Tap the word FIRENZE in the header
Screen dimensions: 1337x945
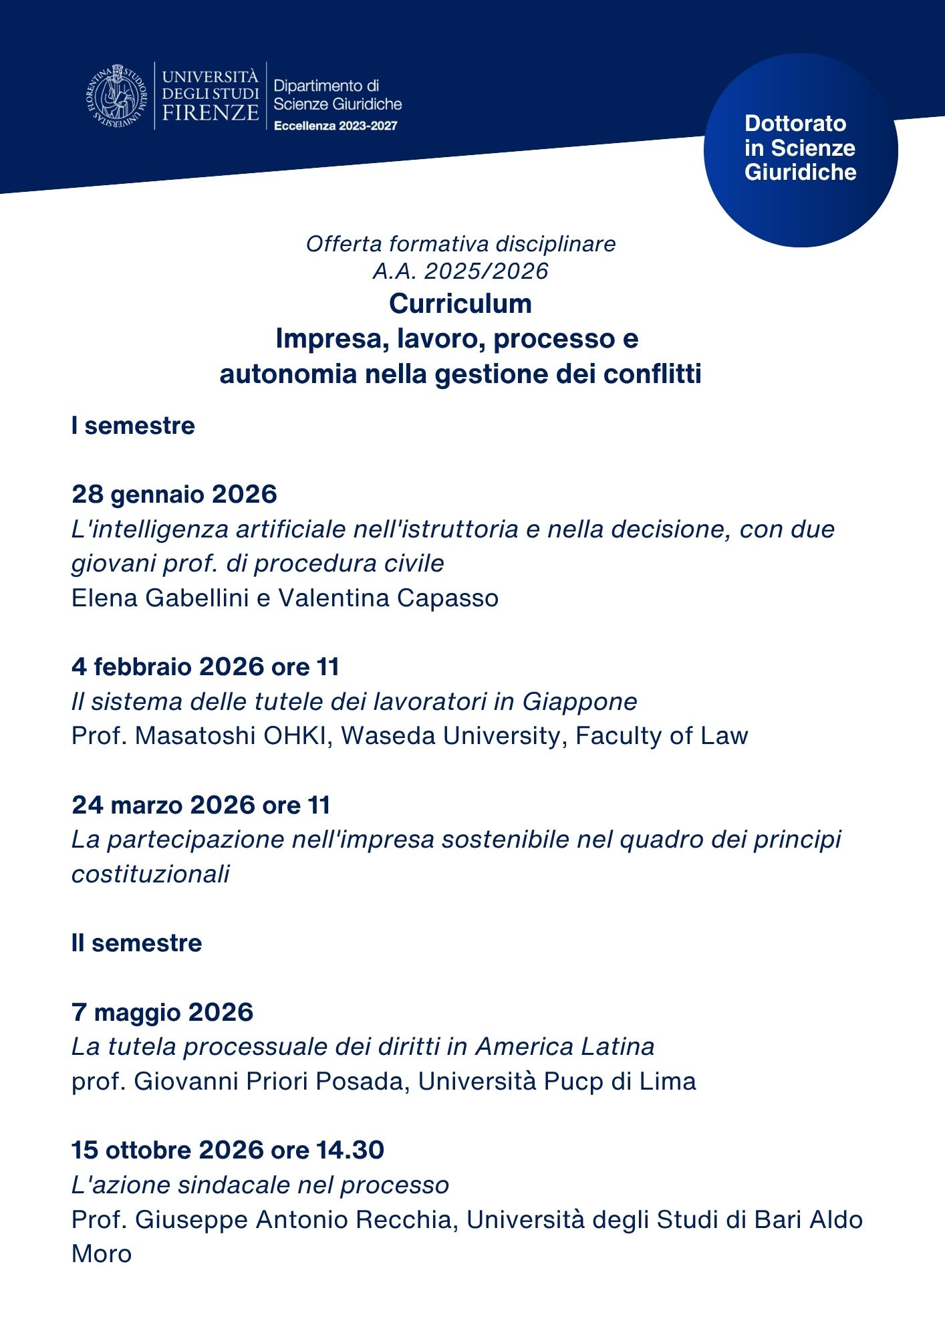click(210, 112)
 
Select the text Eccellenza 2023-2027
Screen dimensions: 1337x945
click(335, 126)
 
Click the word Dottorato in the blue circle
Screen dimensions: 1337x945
click(795, 124)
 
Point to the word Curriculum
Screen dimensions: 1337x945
click(460, 303)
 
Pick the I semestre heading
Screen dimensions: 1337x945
click(133, 426)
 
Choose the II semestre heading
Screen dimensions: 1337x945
click(136, 943)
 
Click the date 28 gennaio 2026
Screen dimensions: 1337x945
click(174, 494)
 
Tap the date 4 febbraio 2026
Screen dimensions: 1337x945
click(168, 666)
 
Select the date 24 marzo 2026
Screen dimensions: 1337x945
click(163, 805)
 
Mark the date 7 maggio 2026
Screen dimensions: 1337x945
click(162, 1012)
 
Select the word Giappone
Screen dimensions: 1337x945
click(579, 701)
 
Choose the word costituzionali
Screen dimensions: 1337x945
click(150, 874)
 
